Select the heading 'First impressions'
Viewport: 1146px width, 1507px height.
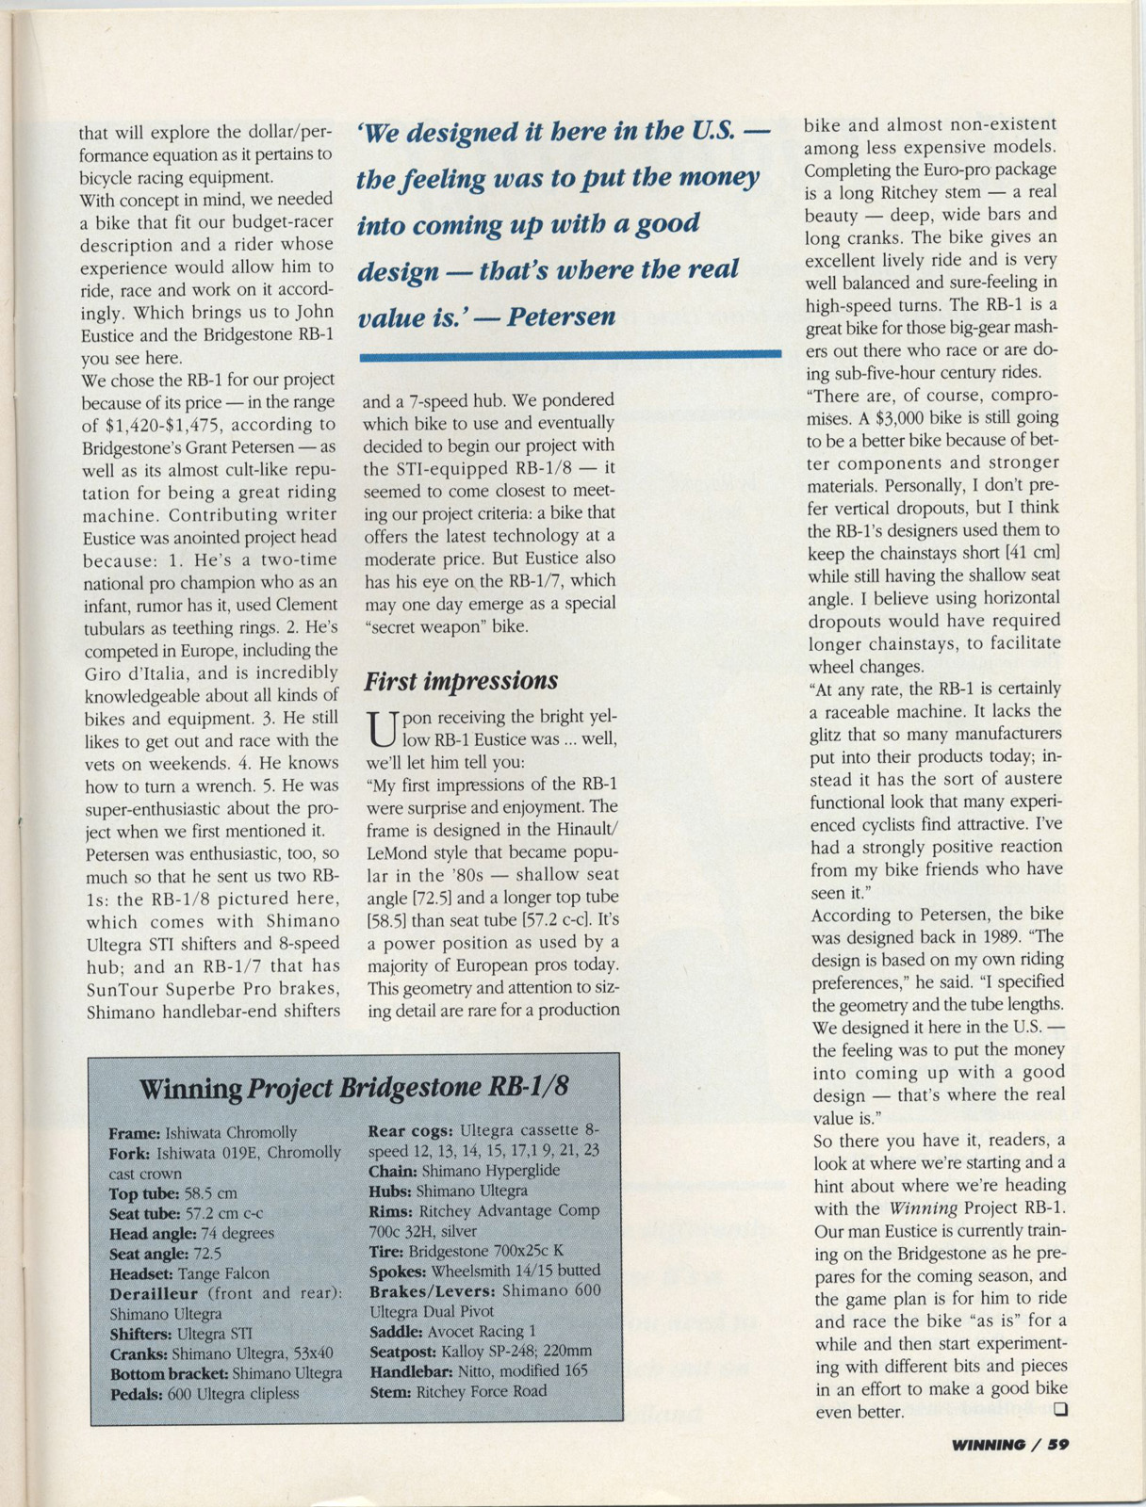[x=461, y=680]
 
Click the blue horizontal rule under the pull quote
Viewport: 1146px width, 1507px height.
[x=571, y=354]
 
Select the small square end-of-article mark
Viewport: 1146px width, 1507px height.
[x=1060, y=1410]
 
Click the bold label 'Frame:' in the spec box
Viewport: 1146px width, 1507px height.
[x=135, y=1132]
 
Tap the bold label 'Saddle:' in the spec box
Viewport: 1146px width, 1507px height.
[x=396, y=1331]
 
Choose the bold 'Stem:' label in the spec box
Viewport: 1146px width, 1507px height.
[x=390, y=1391]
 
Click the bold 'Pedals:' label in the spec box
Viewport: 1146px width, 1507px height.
[x=137, y=1393]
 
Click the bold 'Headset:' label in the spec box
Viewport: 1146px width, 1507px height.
[x=141, y=1273]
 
